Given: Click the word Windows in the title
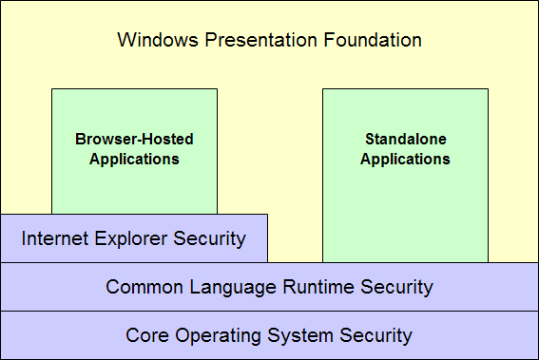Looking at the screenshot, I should [x=151, y=40].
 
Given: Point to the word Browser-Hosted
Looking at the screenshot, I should [x=134, y=140].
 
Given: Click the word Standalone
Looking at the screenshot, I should [x=405, y=140].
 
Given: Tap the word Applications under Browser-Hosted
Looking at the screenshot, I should [x=134, y=160].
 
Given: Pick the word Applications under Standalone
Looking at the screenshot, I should [x=405, y=160].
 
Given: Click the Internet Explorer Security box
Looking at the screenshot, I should [x=133, y=238].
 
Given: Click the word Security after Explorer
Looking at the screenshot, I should [x=210, y=238].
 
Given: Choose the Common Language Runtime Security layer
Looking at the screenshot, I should [x=269, y=287].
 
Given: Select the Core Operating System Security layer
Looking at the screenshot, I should [x=269, y=335].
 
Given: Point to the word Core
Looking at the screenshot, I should [x=145, y=335].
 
